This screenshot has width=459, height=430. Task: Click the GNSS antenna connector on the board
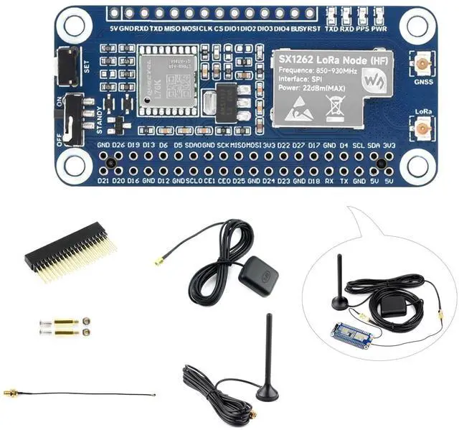423,65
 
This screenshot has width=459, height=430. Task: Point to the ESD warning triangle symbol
298,109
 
